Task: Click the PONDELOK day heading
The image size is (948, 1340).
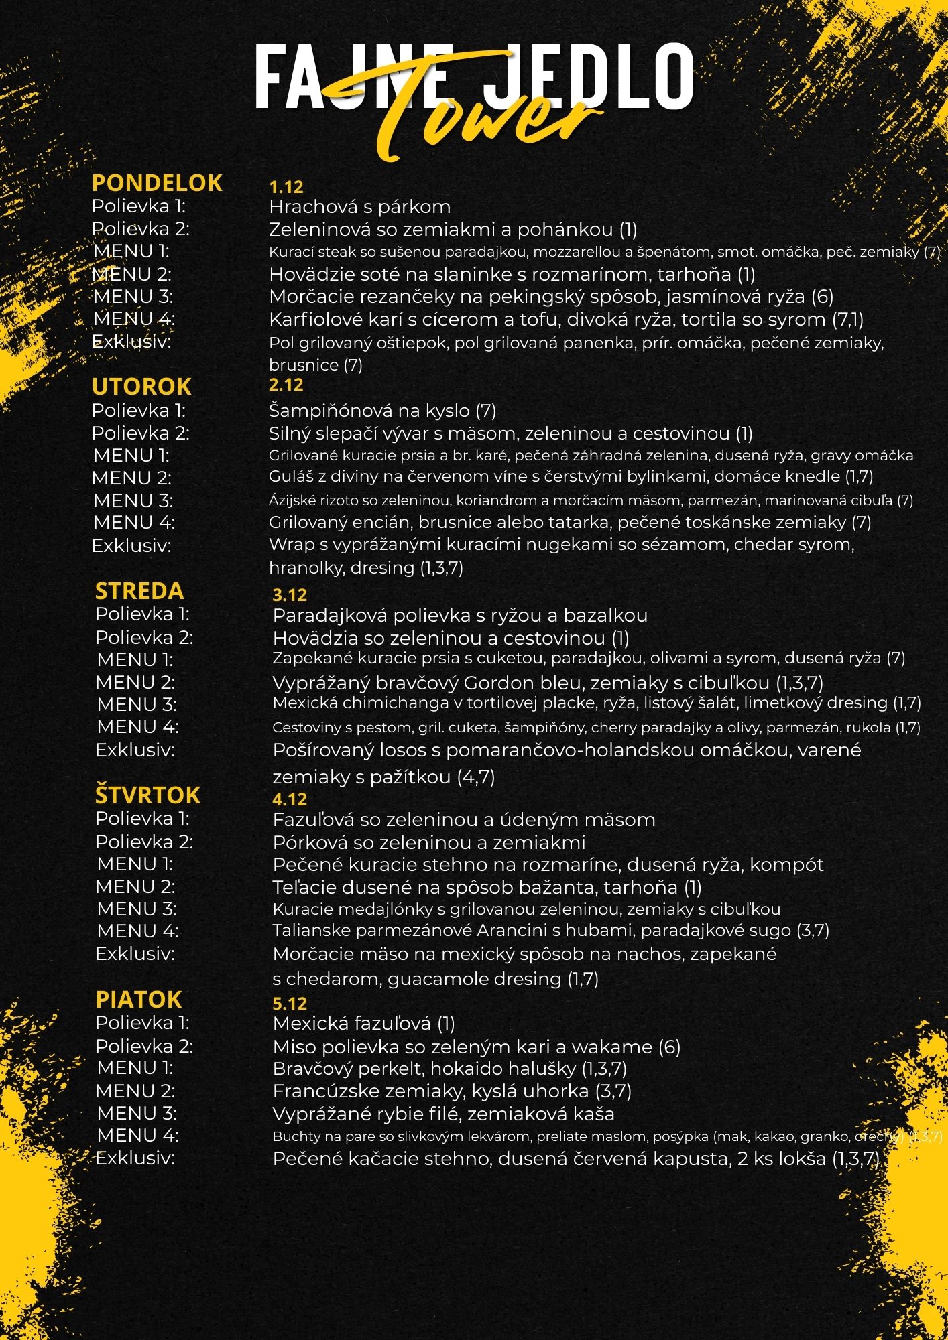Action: click(157, 183)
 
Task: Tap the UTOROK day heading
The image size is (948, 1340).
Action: click(141, 387)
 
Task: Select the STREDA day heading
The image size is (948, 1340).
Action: click(139, 591)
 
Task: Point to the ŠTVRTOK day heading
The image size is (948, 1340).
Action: click(147, 795)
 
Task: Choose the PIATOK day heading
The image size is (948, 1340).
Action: click(139, 1000)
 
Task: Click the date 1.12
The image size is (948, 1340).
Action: click(286, 187)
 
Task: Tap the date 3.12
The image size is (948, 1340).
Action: click(290, 595)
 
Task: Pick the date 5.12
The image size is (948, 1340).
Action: click(290, 1004)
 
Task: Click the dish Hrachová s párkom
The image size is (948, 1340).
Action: click(359, 207)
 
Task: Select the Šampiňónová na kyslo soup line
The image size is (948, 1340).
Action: click(382, 411)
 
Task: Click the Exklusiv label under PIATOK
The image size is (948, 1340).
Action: click(135, 1158)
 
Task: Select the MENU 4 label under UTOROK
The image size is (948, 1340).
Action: click(134, 522)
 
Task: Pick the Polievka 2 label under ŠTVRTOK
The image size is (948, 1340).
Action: click(144, 842)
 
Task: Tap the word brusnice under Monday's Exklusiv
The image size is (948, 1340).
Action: click(304, 365)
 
